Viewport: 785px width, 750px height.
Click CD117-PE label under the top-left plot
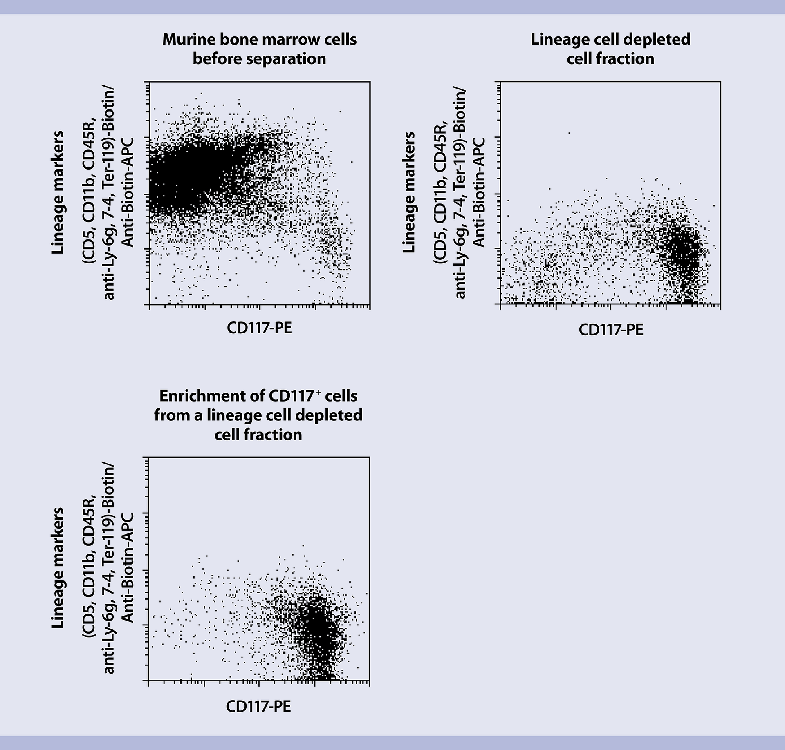[x=259, y=328]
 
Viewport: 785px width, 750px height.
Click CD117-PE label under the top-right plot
[x=611, y=329]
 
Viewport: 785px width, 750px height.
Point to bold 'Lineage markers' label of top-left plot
[x=58, y=192]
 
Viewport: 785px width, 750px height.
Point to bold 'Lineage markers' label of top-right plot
[x=409, y=192]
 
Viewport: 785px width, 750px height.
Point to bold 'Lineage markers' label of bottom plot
[x=58, y=568]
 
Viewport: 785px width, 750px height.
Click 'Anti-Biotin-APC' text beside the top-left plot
[x=128, y=192]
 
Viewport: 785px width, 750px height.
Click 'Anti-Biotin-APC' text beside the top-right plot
[x=479, y=192]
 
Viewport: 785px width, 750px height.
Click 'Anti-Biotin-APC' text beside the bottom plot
[x=128, y=568]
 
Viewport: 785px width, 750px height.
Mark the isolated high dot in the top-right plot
[x=569, y=133]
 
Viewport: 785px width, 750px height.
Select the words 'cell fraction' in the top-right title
[x=610, y=59]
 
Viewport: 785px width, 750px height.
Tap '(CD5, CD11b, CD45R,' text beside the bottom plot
[x=89, y=568]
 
